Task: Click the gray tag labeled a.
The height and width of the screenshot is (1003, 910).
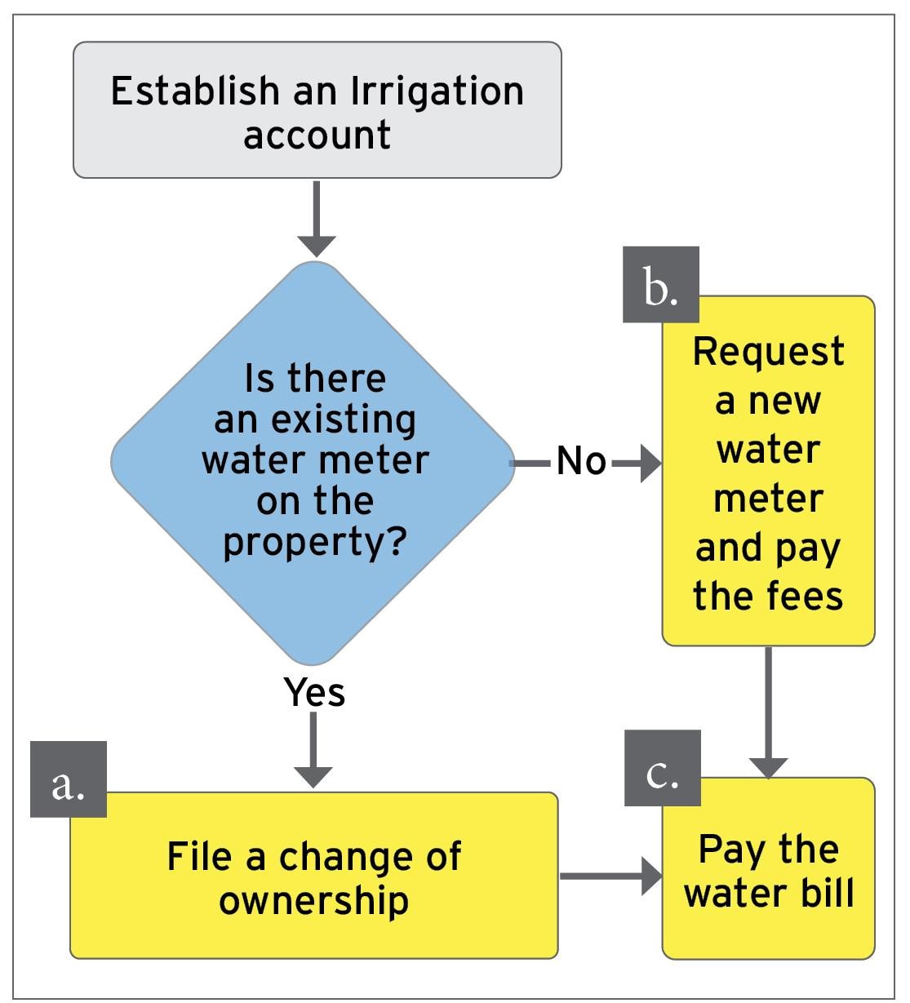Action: (x=69, y=779)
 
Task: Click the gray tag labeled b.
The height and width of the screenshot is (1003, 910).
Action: (x=661, y=285)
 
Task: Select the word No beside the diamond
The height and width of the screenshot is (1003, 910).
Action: (x=582, y=462)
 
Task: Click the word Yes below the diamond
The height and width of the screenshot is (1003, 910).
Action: (x=315, y=692)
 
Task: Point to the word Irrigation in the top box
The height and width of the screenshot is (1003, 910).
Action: (x=437, y=91)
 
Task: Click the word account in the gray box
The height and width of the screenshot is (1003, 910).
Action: (x=317, y=135)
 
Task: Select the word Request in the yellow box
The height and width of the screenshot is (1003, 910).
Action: (x=768, y=352)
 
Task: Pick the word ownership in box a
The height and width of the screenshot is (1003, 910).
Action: (x=314, y=900)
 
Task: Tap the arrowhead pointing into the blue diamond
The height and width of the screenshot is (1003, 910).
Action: (x=317, y=246)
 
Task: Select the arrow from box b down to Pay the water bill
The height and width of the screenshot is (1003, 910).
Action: (x=767, y=710)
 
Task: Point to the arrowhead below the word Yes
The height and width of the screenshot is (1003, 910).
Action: (x=313, y=776)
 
